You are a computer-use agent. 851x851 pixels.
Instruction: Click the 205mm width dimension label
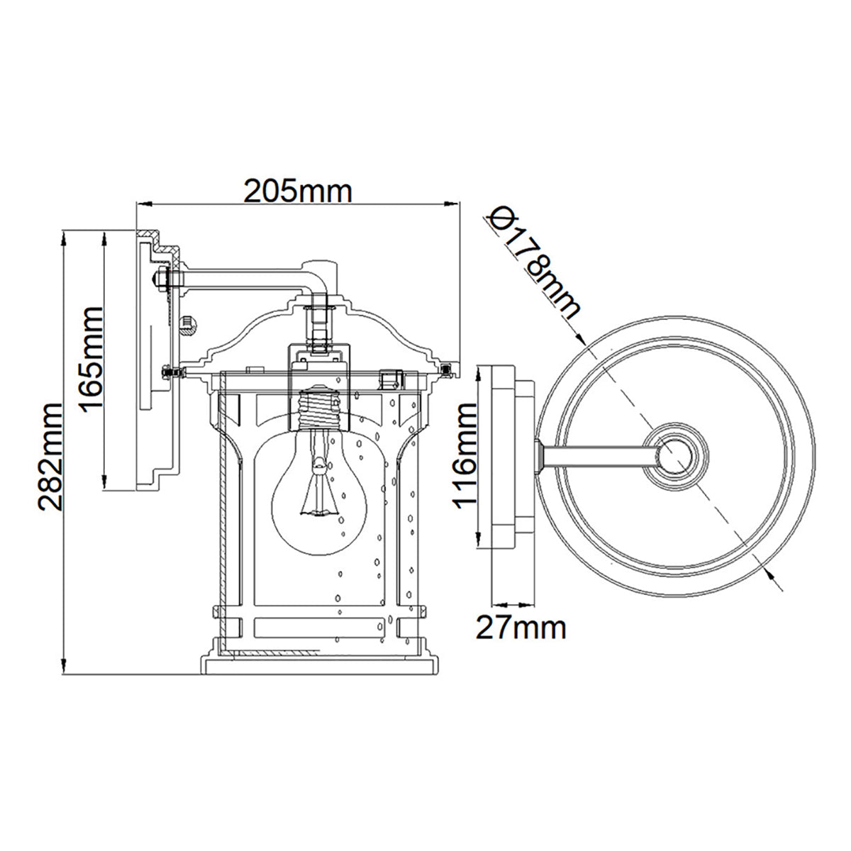(x=298, y=191)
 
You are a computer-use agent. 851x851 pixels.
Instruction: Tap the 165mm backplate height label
(x=92, y=358)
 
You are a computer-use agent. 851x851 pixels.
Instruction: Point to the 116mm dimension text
(x=465, y=456)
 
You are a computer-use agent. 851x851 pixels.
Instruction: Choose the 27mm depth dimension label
(x=521, y=628)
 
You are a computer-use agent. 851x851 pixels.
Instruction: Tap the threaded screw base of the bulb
(x=319, y=409)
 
